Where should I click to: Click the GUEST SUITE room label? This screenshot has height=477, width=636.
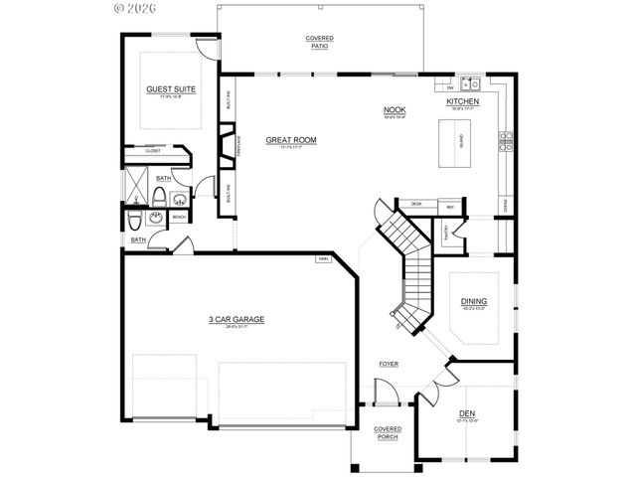coord(171,89)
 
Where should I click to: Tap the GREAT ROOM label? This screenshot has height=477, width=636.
coord(291,140)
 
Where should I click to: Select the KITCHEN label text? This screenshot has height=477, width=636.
coord(463,102)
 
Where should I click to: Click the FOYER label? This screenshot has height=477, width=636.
coord(388,365)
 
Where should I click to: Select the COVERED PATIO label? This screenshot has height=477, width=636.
coord(318,42)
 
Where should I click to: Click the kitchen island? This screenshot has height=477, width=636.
coord(461,142)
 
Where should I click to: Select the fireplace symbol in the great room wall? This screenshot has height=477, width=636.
coord(227,138)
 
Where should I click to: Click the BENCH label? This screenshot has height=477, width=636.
coord(180,217)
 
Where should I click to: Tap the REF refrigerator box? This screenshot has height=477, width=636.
coord(450,207)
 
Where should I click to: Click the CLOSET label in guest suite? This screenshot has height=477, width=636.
coord(153,152)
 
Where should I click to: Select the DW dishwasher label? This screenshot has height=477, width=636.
coord(449,86)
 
